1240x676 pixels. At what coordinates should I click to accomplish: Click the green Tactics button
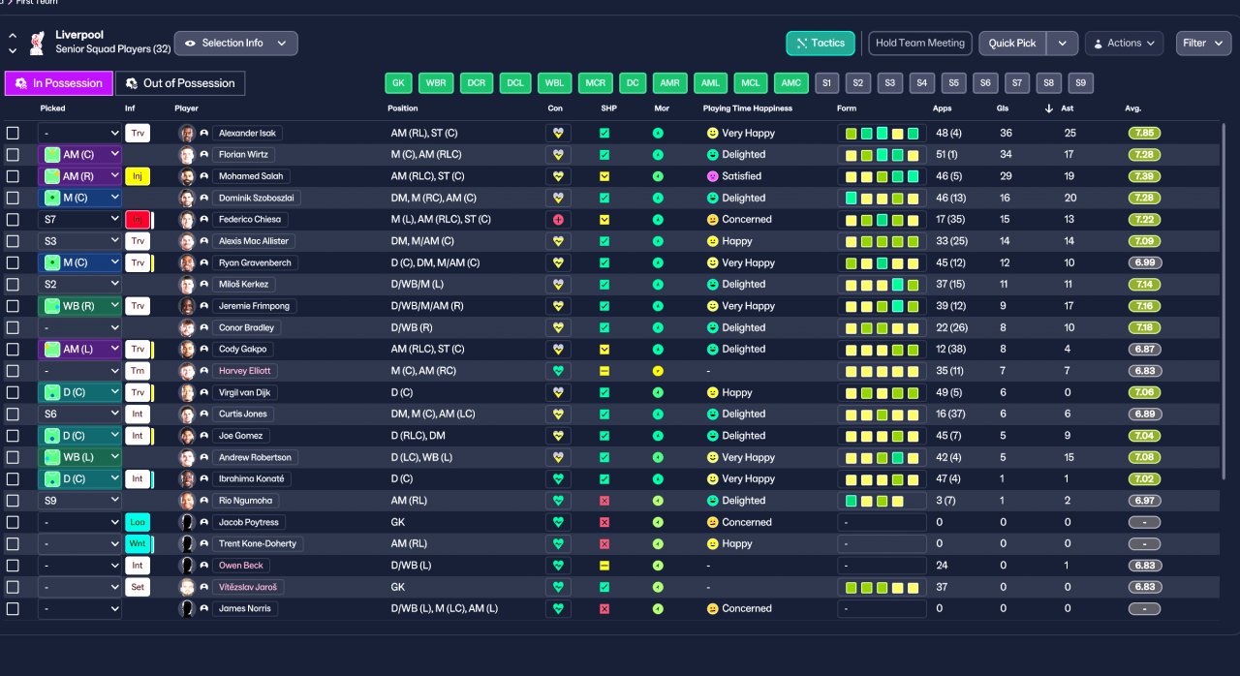(820, 44)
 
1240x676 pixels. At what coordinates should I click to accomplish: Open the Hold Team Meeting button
(919, 44)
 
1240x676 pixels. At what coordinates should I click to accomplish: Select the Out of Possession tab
(180, 83)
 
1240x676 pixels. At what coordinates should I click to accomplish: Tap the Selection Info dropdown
(235, 44)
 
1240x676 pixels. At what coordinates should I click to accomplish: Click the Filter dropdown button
(1203, 44)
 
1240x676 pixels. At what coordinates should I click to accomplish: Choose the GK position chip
(398, 83)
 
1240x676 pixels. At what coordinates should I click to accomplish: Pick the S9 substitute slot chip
(1080, 83)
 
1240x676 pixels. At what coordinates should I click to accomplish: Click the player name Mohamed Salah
(251, 176)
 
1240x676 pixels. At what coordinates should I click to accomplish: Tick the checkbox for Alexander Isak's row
(13, 134)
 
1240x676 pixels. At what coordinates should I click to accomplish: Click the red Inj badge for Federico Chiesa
(138, 220)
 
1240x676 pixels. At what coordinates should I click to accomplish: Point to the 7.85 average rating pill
(1144, 134)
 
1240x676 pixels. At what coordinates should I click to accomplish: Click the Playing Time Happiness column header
(747, 108)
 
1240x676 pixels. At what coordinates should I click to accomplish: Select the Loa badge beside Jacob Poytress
(138, 522)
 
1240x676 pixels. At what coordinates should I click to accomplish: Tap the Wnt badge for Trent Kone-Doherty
(138, 543)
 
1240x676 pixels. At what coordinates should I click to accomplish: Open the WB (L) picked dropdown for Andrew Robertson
(79, 457)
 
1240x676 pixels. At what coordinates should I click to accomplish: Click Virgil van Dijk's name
(244, 393)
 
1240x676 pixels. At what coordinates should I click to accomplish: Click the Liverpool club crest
(37, 44)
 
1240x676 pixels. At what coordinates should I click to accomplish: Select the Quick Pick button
(1012, 44)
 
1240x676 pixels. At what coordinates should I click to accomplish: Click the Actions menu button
(1124, 44)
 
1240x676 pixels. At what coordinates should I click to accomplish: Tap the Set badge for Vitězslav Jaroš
(138, 587)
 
